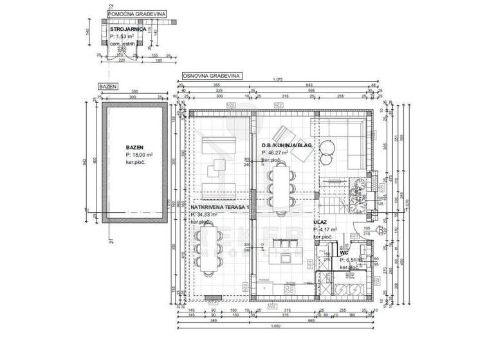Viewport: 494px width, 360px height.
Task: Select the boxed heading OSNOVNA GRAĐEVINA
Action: [212, 75]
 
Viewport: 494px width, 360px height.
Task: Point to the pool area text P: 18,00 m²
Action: [139, 155]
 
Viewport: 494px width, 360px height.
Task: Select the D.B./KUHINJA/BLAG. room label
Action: [287, 146]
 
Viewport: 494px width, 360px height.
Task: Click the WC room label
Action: [344, 253]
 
